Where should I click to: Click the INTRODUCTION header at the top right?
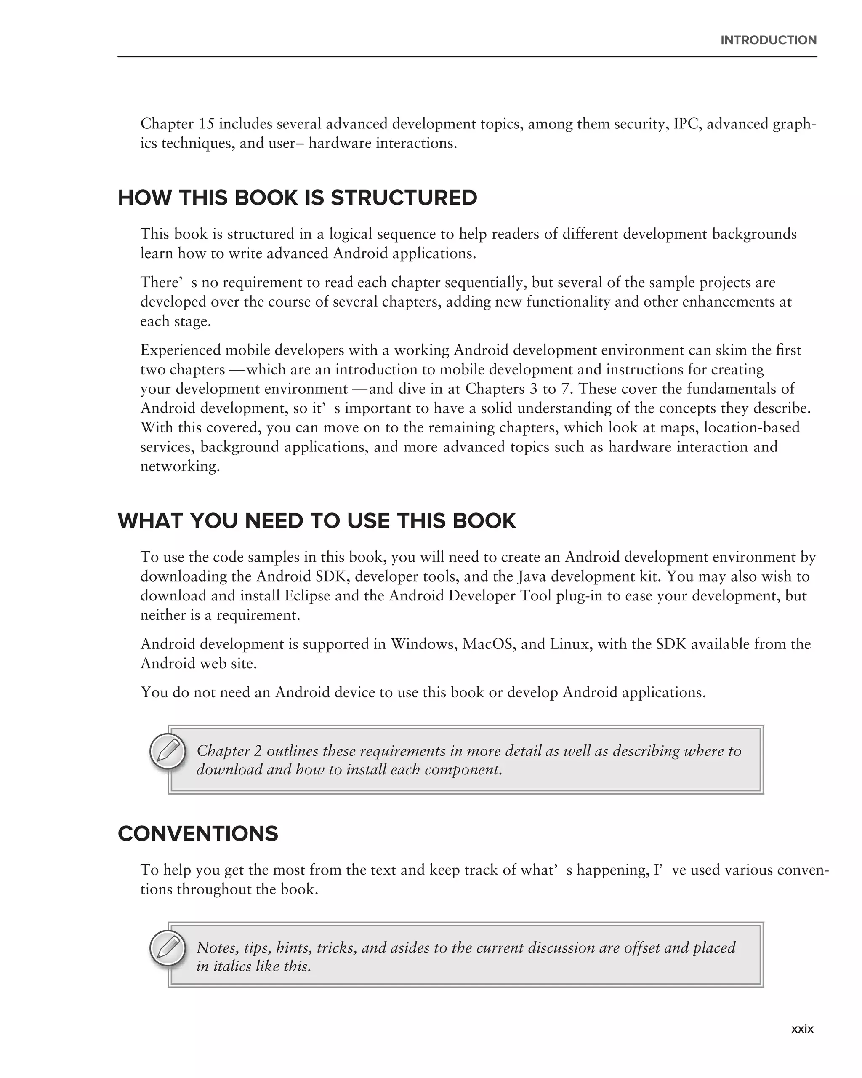click(x=768, y=40)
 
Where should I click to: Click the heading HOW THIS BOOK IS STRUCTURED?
click(x=297, y=198)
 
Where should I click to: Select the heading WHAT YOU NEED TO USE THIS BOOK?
click(x=317, y=521)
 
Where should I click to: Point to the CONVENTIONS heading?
click(x=198, y=833)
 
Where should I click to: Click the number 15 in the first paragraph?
click(x=206, y=123)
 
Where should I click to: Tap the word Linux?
click(x=569, y=643)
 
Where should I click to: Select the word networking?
click(x=179, y=467)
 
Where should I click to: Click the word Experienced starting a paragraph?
click(x=181, y=350)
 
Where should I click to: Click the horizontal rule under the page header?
click(x=467, y=57)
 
